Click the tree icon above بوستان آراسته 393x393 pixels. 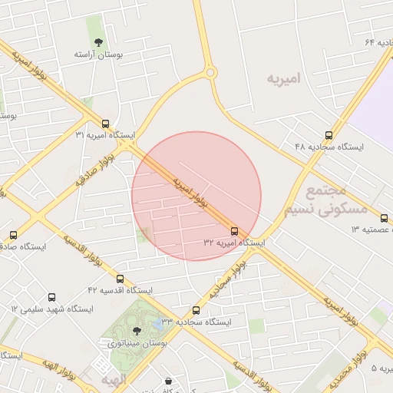[x=97, y=42]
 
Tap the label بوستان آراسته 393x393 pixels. [x=99, y=55]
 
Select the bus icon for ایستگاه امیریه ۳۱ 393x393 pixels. [x=105, y=124]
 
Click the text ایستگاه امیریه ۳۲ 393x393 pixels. [x=234, y=242]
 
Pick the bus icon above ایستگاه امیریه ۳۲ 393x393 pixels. [x=234, y=230]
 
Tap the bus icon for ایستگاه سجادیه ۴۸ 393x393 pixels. [x=329, y=135]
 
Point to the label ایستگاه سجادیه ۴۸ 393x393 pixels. [x=329, y=146]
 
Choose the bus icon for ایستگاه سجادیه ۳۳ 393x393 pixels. [x=196, y=310]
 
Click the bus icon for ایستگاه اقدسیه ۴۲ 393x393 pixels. [x=120, y=279]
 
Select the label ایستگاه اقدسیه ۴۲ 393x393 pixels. [x=120, y=290]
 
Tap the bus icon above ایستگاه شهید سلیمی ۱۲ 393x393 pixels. [x=52, y=297]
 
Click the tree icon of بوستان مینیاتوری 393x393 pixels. [x=137, y=331]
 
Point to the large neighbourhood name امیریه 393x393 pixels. [x=284, y=79]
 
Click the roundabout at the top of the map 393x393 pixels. [x=210, y=73]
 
